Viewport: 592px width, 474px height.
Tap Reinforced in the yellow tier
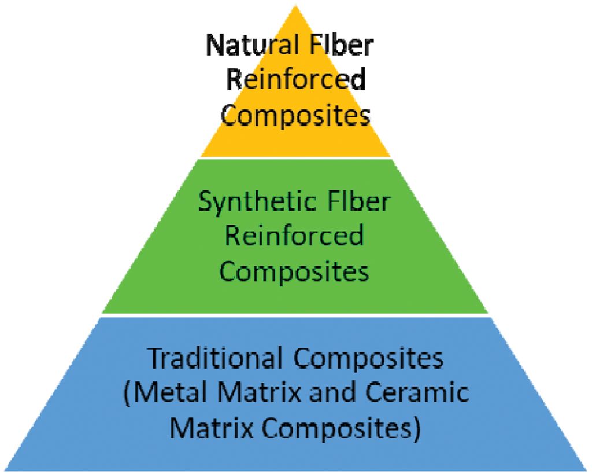click(295, 80)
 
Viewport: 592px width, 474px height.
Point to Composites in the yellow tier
click(295, 115)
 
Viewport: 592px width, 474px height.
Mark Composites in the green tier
click(295, 271)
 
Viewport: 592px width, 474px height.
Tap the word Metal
click(165, 394)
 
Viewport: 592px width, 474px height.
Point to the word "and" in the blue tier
click(334, 394)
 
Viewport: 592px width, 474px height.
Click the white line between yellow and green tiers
click(295, 157)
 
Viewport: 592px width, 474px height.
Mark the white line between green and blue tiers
click(295, 315)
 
